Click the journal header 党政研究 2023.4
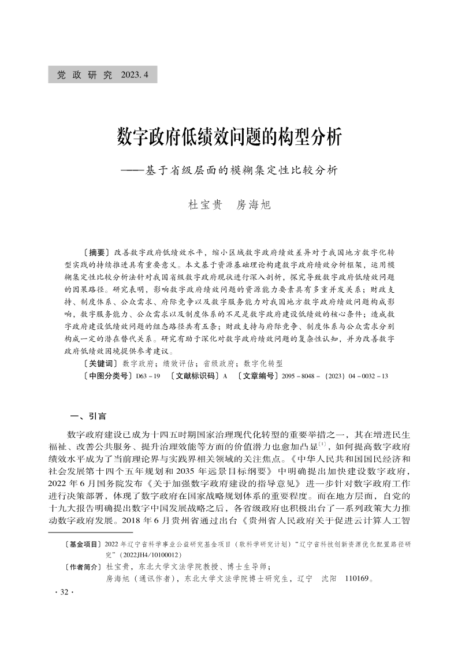click(102, 75)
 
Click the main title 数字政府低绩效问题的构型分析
click(229, 138)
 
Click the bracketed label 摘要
click(96, 252)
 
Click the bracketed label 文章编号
click(258, 376)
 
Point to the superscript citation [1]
click(324, 445)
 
